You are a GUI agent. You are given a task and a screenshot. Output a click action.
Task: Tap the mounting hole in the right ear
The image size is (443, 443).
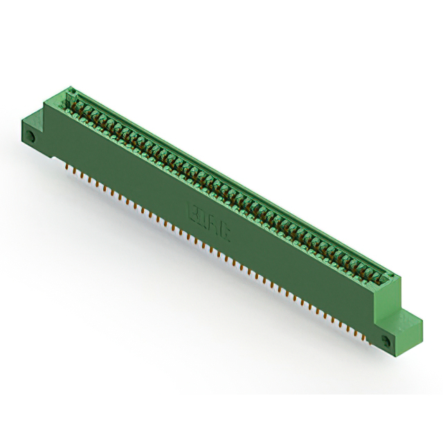point(386,339)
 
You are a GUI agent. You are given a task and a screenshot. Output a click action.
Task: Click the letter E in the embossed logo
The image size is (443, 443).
point(192,207)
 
